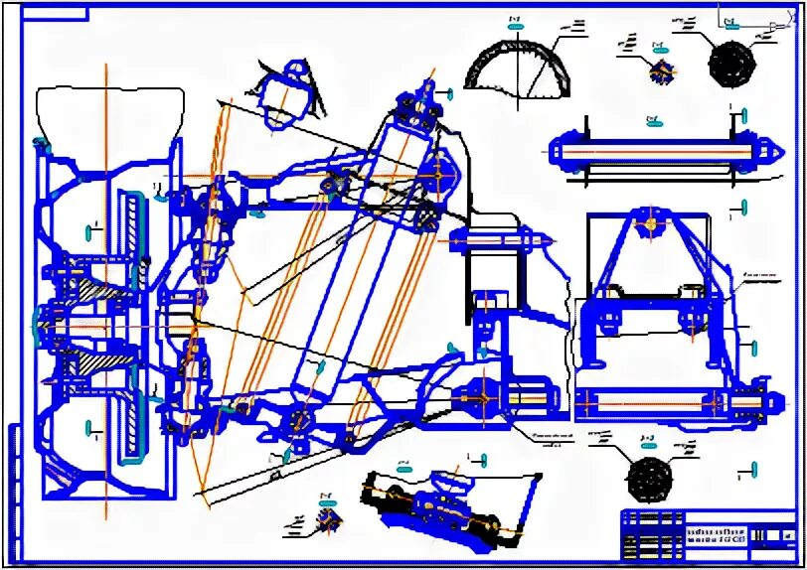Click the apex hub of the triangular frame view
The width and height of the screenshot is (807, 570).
[651, 224]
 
